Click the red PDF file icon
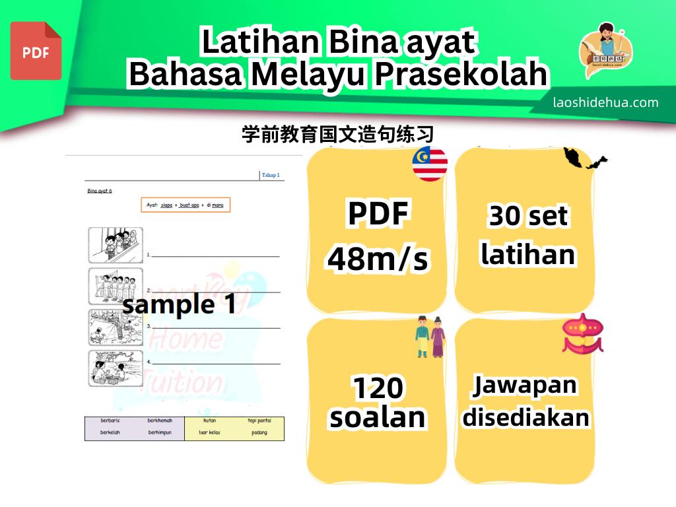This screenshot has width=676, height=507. tap(36, 51)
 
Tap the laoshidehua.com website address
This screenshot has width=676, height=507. tap(605, 102)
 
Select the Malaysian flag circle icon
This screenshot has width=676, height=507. tap(430, 164)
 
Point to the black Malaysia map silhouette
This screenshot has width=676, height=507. tap(585, 158)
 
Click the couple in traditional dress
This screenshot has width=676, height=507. tap(430, 337)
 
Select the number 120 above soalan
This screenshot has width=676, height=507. tap(377, 389)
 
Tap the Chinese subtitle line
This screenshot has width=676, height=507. tap(337, 135)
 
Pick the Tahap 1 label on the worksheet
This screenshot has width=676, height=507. tap(271, 175)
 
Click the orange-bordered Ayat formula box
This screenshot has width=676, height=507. tap(186, 205)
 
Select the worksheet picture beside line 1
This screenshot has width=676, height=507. tap(116, 245)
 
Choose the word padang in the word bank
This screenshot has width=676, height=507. tap(259, 433)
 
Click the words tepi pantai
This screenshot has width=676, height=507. tap(259, 420)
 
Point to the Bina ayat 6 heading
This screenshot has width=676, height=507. tap(100, 191)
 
